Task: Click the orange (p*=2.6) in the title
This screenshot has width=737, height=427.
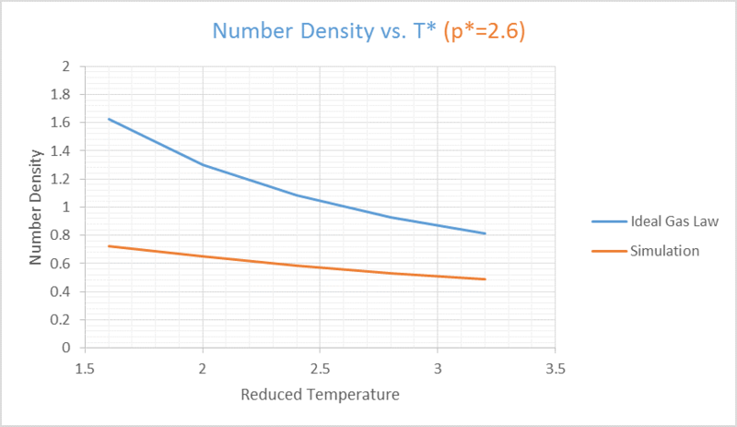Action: click(485, 31)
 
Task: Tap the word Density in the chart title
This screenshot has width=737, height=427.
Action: click(337, 31)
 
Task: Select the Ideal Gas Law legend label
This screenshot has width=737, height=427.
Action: click(674, 221)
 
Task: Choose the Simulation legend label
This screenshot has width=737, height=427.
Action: click(664, 251)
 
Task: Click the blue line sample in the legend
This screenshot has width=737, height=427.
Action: click(609, 221)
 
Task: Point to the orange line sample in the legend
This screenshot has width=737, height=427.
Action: click(609, 252)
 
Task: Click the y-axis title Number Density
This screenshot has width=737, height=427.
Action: click(36, 208)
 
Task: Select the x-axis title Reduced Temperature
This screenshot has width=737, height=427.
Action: click(320, 395)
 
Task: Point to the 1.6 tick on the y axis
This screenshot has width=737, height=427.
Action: click(60, 123)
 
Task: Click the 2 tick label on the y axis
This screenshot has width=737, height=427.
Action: click(65, 66)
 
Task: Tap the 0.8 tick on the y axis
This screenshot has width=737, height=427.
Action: click(60, 235)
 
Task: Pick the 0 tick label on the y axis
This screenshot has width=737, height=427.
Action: click(65, 348)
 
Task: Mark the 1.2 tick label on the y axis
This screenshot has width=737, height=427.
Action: click(60, 179)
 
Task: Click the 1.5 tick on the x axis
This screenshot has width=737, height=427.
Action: click(85, 369)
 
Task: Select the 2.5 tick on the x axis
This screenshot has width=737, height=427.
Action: click(320, 369)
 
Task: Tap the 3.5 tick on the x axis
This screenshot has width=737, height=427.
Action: click(556, 369)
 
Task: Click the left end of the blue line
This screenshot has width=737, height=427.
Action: click(109, 119)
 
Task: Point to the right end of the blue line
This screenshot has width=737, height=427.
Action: click(485, 233)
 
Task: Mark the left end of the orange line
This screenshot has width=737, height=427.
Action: click(109, 246)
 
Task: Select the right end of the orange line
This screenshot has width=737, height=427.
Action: click(485, 279)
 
